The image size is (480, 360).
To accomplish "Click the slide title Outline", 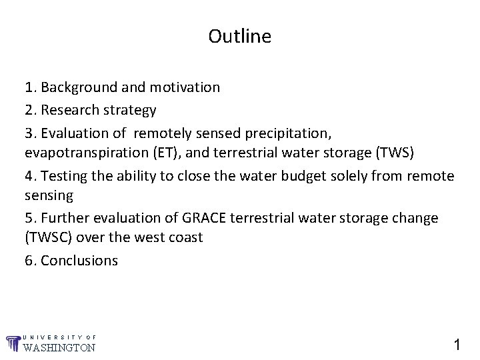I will coord(239,36).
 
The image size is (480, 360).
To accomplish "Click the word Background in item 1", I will coord(75,87).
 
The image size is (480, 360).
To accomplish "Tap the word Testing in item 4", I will coord(61,176).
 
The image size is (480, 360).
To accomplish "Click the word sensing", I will coord(48,196).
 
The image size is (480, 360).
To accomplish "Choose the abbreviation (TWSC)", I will coord(48,238).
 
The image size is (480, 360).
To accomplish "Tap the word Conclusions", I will coord(79,261).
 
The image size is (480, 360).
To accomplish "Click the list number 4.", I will coord(29,176).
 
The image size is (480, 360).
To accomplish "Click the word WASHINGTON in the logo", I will coord(59,347).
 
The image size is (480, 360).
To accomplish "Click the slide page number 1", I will coord(457,344).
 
